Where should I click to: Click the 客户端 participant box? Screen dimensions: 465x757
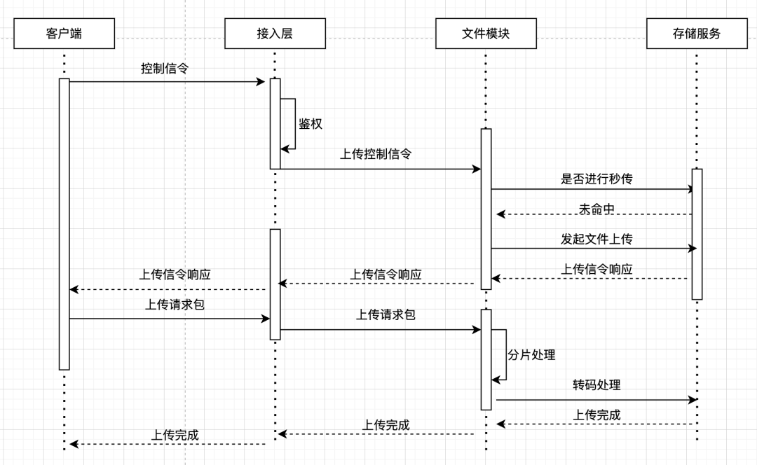tap(64, 34)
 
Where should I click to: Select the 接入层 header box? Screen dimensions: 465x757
tap(275, 34)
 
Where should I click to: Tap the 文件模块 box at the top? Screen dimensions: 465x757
tap(486, 34)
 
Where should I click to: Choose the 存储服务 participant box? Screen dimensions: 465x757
tap(697, 34)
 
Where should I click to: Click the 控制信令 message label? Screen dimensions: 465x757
tap(165, 69)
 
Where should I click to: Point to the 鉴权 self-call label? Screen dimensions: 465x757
tap(311, 124)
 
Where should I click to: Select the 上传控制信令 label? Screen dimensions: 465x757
tap(376, 154)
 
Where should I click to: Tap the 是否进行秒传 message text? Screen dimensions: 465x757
tap(596, 179)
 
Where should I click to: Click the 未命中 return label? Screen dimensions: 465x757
tap(596, 209)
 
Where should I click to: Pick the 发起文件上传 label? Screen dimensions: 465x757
tap(596, 239)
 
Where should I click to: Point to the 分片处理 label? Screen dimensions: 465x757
tap(531, 354)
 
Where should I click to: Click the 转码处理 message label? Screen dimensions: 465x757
tap(596, 385)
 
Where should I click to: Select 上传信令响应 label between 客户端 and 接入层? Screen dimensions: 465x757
tap(175, 275)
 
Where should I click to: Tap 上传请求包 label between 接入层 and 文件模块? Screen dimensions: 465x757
tap(386, 314)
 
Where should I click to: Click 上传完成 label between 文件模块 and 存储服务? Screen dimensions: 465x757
tap(596, 415)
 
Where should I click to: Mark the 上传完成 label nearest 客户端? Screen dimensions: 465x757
tap(175, 435)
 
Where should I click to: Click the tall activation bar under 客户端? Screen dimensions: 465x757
tap(64, 224)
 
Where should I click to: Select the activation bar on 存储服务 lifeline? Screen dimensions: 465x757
tap(697, 234)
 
